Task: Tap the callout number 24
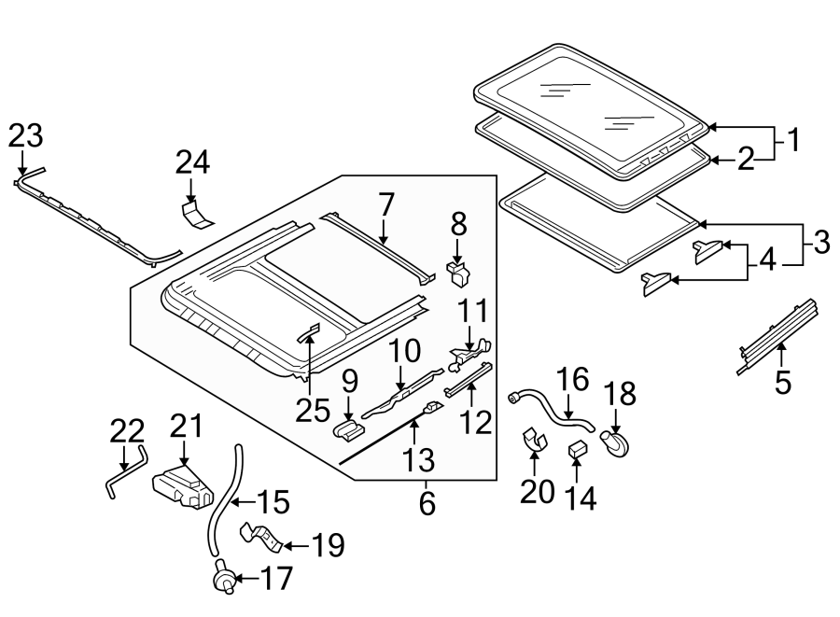point(192,164)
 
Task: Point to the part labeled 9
point(348,430)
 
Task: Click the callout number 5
point(782,381)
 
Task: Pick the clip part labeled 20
point(534,439)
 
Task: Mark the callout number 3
point(819,244)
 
